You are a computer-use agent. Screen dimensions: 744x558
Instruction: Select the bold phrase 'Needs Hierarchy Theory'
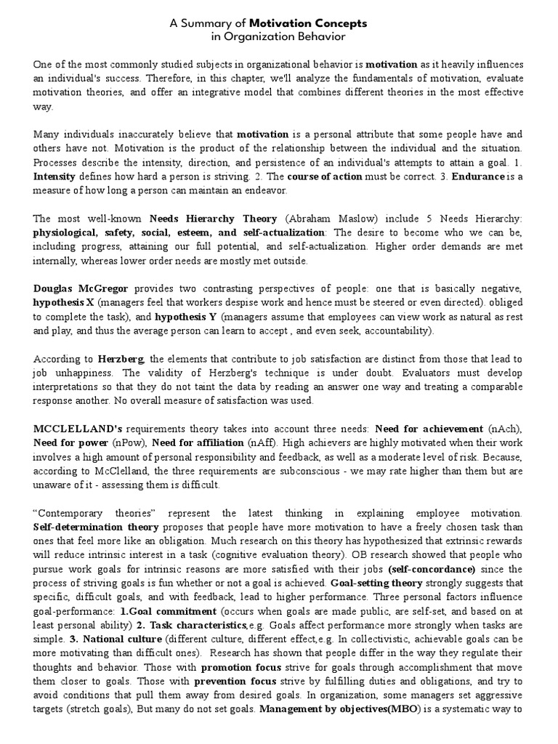pos(214,218)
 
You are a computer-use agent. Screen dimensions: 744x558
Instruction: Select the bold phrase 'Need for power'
pos(68,422)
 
